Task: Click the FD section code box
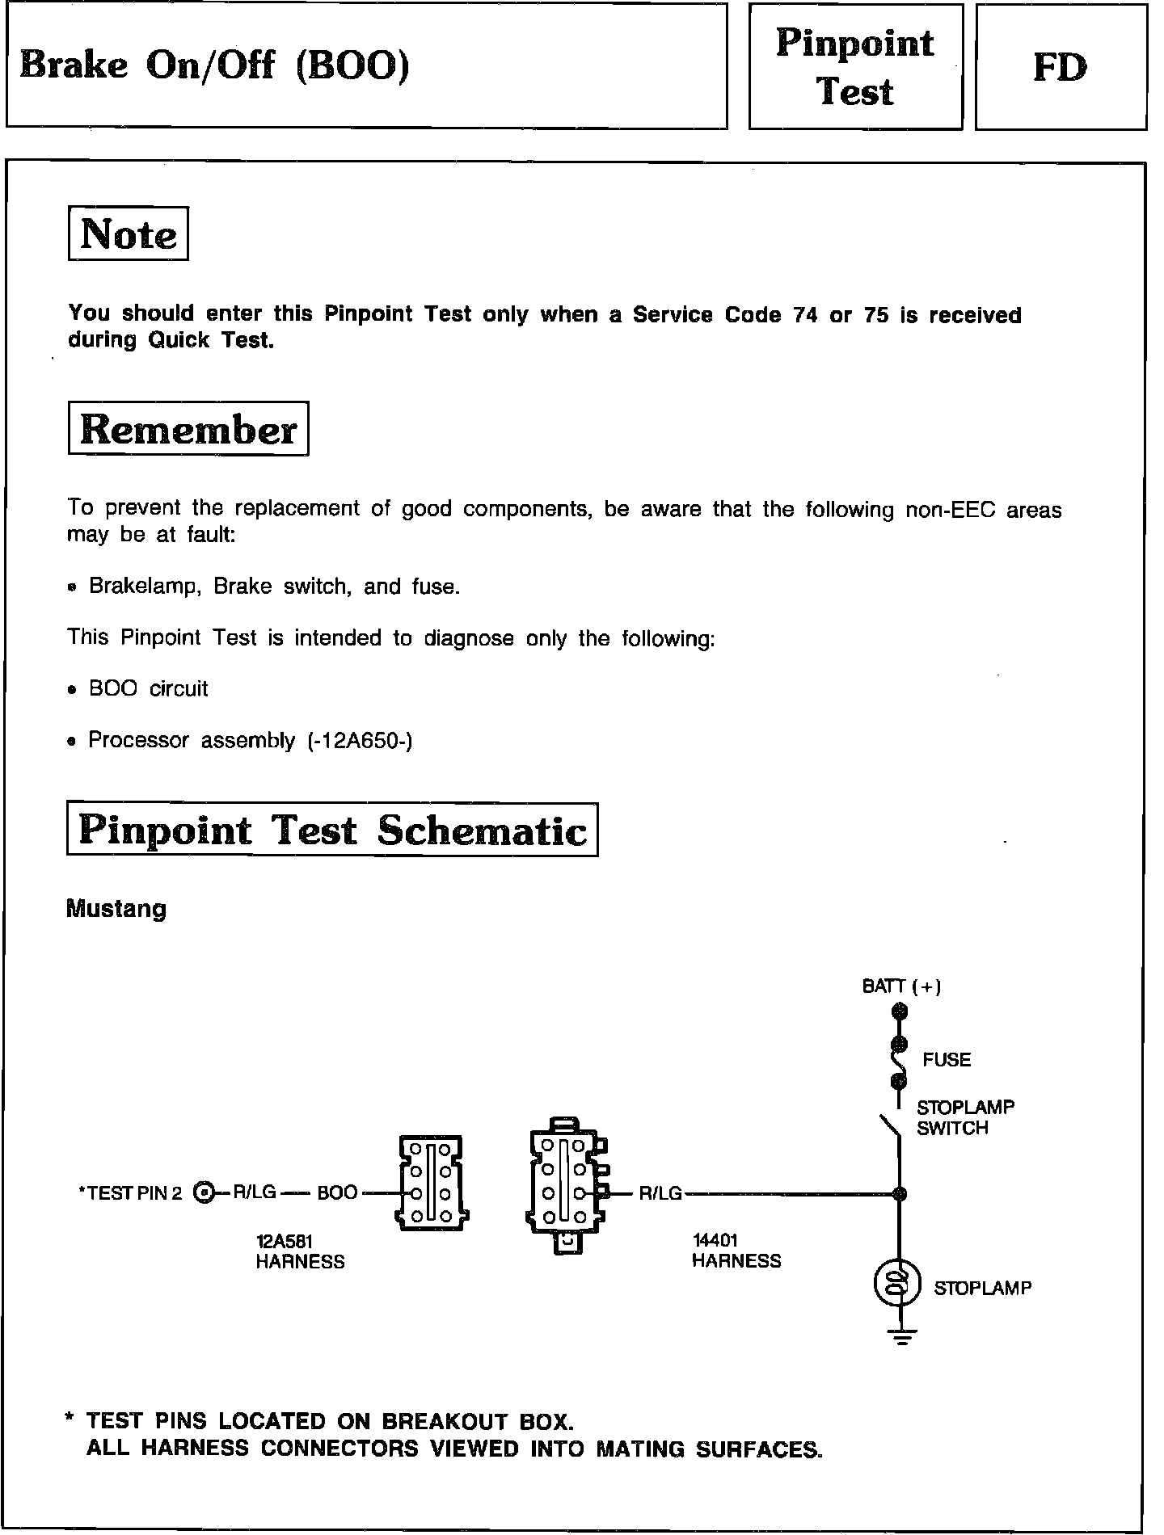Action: pyautogui.click(x=1061, y=67)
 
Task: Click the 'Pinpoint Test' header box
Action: pyautogui.click(x=855, y=67)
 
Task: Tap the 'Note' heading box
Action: pyautogui.click(x=129, y=234)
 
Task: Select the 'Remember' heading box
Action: pyautogui.click(x=188, y=429)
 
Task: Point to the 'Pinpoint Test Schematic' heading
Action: pyautogui.click(x=332, y=830)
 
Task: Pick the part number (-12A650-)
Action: pyautogui.click(x=361, y=740)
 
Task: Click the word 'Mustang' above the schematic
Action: pyautogui.click(x=116, y=909)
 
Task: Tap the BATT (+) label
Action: pyautogui.click(x=901, y=986)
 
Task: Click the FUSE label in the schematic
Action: pyautogui.click(x=947, y=1059)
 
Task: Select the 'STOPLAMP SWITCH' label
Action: pyautogui.click(x=964, y=1117)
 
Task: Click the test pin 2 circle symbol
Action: pyautogui.click(x=205, y=1192)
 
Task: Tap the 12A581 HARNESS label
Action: pyautogui.click(x=300, y=1251)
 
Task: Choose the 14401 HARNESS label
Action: pyautogui.click(x=736, y=1251)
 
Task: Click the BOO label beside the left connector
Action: pyautogui.click(x=337, y=1192)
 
